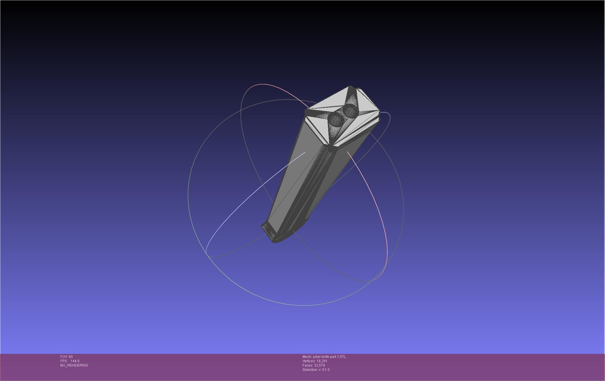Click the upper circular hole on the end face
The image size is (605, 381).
(350, 111)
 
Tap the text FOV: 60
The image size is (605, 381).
(66, 357)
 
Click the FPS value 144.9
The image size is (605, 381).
(75, 361)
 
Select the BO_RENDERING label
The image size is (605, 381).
(74, 365)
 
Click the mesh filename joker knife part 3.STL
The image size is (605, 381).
(329, 357)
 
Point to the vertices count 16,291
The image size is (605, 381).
(322, 361)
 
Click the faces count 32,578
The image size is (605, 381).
(320, 365)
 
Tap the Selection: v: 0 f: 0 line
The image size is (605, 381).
(316, 370)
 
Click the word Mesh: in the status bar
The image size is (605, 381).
(307, 357)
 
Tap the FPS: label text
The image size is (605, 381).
(64, 361)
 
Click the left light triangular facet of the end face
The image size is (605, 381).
(318, 127)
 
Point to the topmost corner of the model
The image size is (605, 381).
(350, 87)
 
